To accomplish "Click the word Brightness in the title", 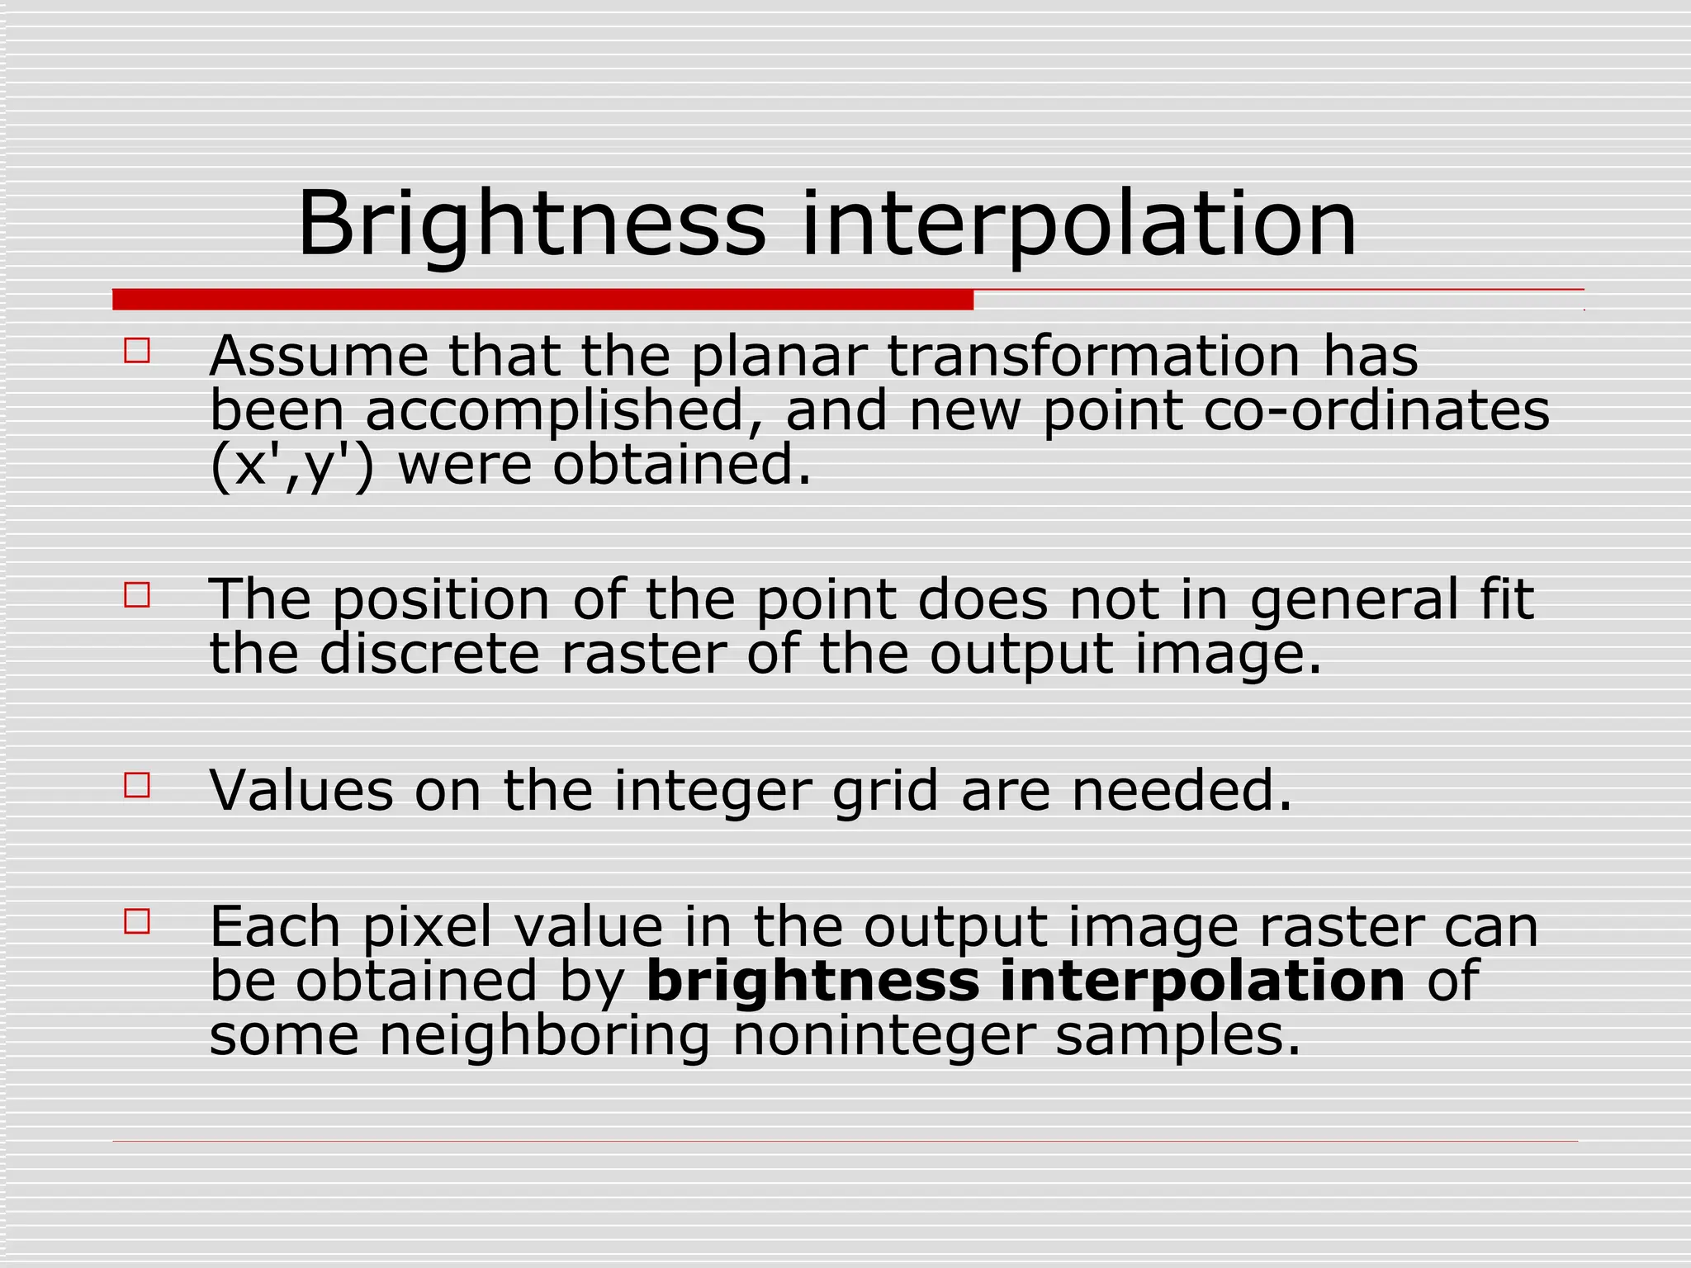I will [531, 225].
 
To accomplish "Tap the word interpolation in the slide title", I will [1078, 225].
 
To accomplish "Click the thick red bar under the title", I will [542, 300].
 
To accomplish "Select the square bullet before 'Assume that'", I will [137, 351].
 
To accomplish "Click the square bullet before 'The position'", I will [137, 594].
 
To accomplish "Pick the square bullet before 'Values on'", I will [137, 785].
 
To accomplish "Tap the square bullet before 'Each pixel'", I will [137, 921].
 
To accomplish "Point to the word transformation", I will [1095, 357].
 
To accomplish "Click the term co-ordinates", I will [1376, 411].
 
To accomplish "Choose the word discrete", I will [429, 654].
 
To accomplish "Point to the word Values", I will [301, 791].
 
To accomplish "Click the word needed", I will [1182, 791].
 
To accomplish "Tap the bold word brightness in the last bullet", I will [812, 982].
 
